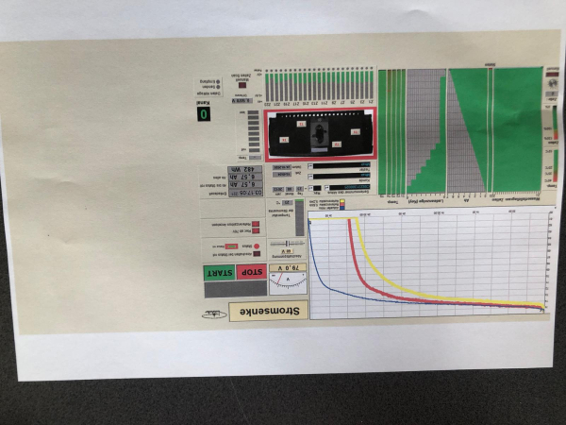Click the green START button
point(220,274)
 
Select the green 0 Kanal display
point(202,114)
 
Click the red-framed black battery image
point(322,132)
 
